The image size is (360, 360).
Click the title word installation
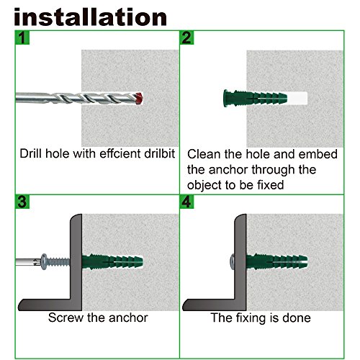(x=90, y=16)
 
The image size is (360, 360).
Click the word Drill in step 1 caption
(x=33, y=153)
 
